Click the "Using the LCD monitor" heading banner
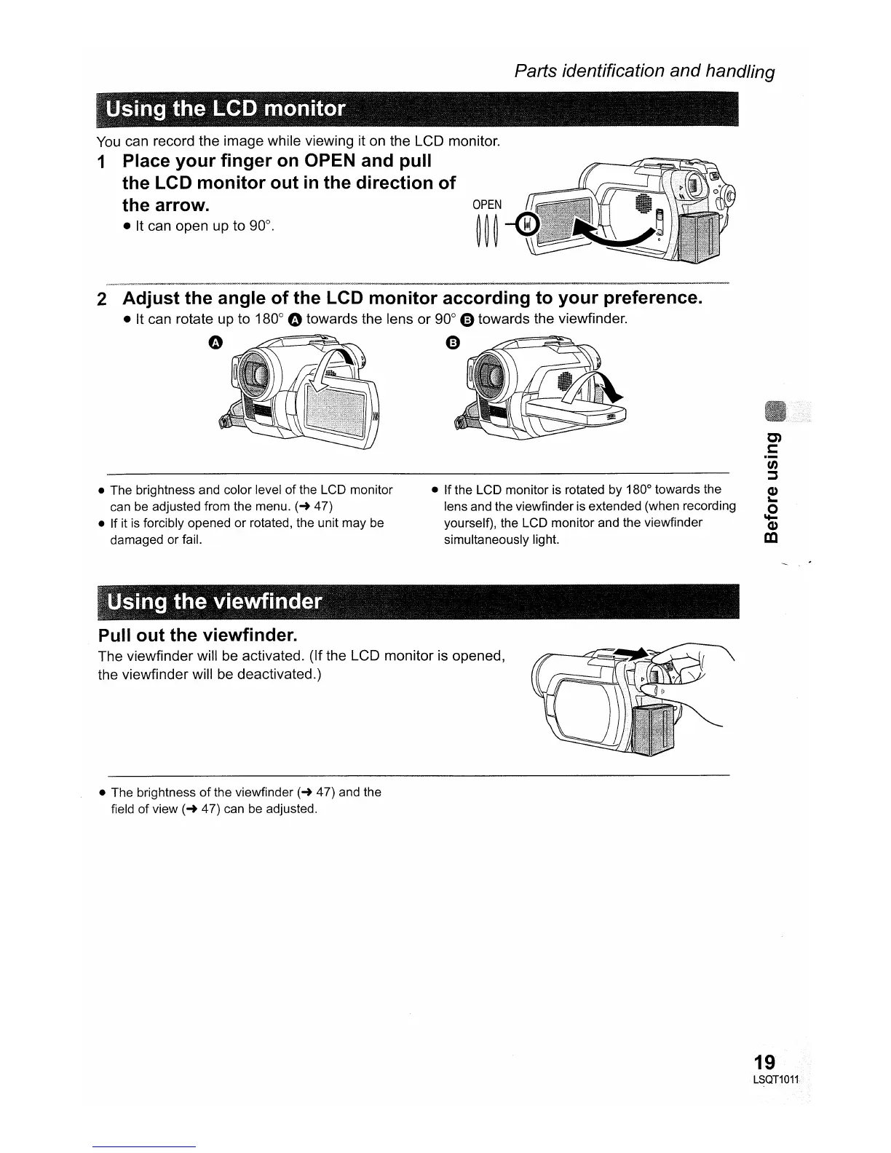[226, 109]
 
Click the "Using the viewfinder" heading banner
[214, 602]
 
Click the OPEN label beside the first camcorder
[487, 205]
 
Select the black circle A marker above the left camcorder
[216, 343]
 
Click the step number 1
[103, 162]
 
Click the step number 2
[103, 299]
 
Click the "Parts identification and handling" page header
[644, 71]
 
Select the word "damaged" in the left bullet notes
[134, 539]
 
